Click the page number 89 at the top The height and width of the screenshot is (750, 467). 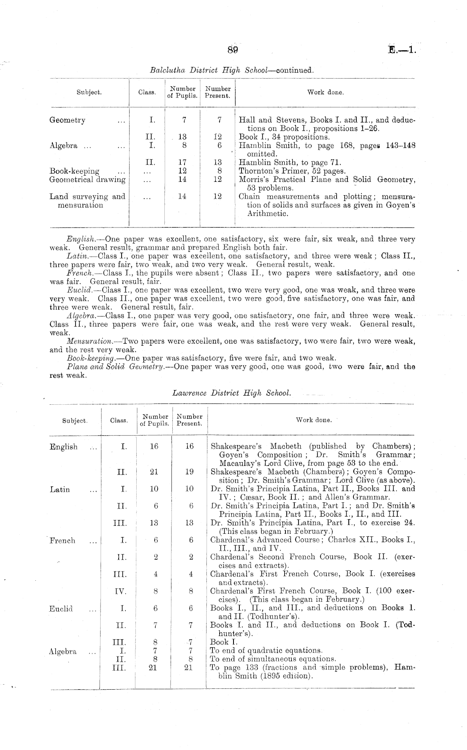(233, 50)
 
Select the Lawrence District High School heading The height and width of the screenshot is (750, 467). (231, 393)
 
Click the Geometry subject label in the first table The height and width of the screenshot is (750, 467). (67, 120)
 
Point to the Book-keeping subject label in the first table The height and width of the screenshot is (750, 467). (75, 171)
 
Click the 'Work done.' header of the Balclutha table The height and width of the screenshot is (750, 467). (325, 92)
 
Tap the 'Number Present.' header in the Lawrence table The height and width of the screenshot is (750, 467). (189, 420)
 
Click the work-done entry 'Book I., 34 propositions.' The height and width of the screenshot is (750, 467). (284, 137)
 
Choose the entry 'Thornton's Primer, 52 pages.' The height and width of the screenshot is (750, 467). (292, 171)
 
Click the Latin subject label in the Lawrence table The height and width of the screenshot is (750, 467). (60, 489)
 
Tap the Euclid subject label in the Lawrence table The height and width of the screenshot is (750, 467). (61, 608)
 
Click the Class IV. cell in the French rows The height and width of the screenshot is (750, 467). (120, 592)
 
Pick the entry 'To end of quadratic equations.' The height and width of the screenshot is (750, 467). (266, 651)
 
